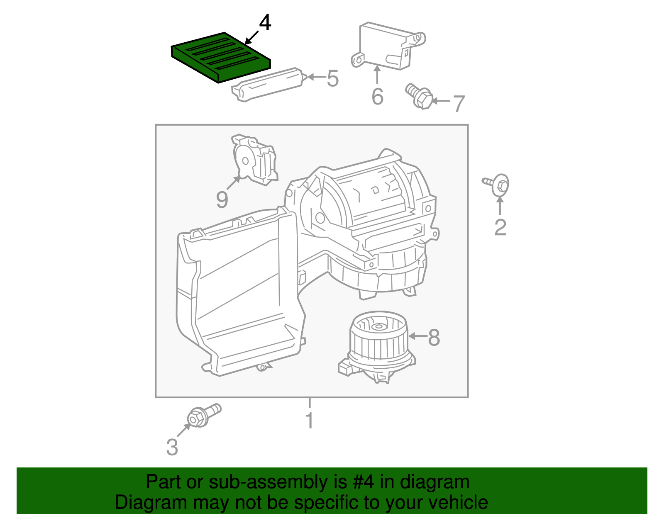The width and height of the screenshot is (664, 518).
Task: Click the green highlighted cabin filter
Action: point(220,57)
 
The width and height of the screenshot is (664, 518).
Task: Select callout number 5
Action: point(332,78)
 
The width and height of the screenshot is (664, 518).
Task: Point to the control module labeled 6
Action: point(386,46)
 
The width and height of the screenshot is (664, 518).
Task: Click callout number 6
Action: point(377,97)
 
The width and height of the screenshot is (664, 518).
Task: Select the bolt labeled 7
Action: point(418,96)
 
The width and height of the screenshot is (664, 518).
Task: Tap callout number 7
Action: point(458,103)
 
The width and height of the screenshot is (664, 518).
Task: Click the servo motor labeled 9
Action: point(254,160)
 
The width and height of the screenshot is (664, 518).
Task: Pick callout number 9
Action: point(222,199)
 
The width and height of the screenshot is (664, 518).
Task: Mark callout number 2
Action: point(500,227)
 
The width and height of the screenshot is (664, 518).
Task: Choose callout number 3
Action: point(172,447)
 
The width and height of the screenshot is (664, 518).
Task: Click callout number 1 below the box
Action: point(309,421)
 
